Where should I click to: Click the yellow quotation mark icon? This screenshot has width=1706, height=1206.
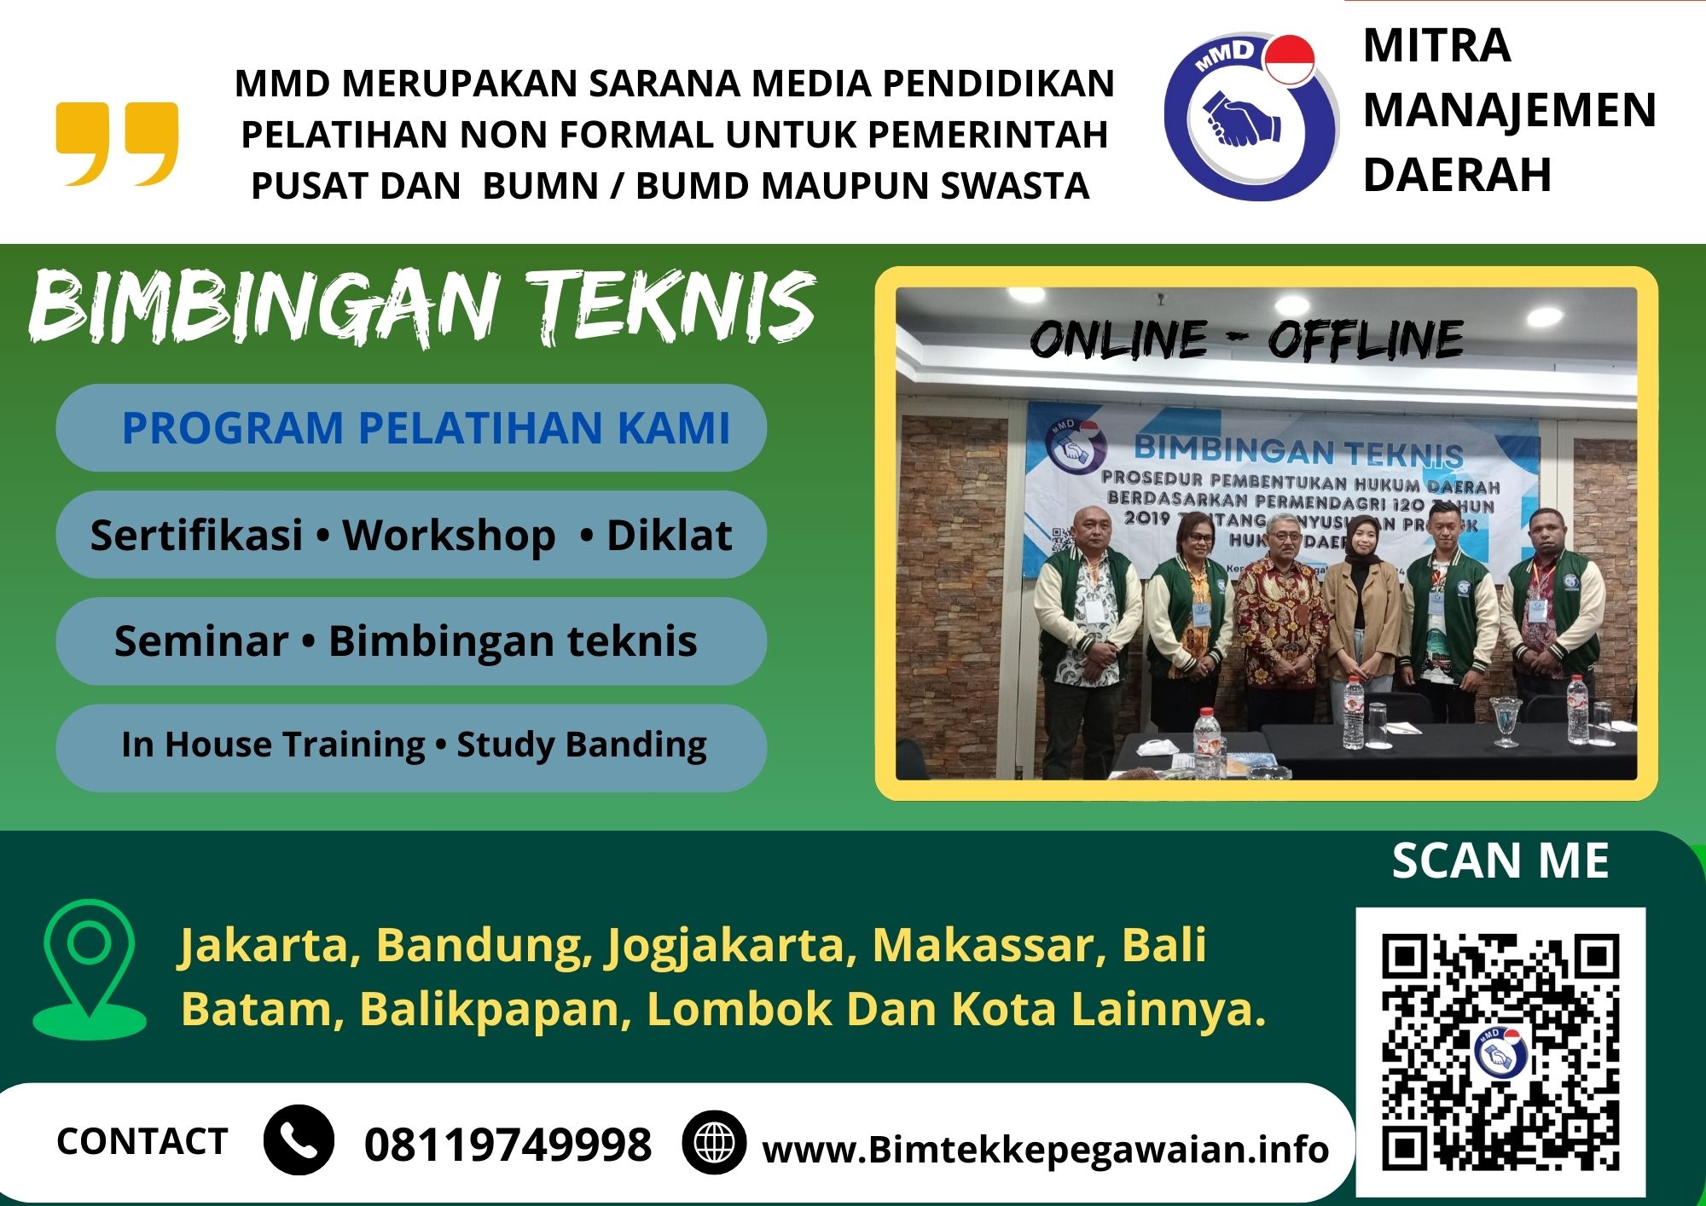click(117, 143)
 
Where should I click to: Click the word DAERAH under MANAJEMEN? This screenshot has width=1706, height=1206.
click(1457, 175)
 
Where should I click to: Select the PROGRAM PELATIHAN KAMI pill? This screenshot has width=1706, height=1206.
click(411, 428)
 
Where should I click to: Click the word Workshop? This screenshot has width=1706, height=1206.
click(449, 536)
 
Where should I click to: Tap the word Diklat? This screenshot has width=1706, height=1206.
click(669, 536)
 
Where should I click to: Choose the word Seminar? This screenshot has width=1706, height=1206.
click(201, 641)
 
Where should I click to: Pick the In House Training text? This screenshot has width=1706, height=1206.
click(273, 745)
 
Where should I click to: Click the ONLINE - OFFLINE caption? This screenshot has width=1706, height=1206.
click(1246, 339)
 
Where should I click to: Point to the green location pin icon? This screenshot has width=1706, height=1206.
click(89, 967)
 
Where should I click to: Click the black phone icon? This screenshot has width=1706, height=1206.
click(299, 1140)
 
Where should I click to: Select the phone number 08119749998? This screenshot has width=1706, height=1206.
click(508, 1144)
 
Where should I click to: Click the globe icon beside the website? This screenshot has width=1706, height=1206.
click(714, 1143)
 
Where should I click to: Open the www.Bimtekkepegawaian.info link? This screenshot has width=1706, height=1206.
click(1045, 1150)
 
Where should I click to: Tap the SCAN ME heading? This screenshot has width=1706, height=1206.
click(1500, 861)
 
